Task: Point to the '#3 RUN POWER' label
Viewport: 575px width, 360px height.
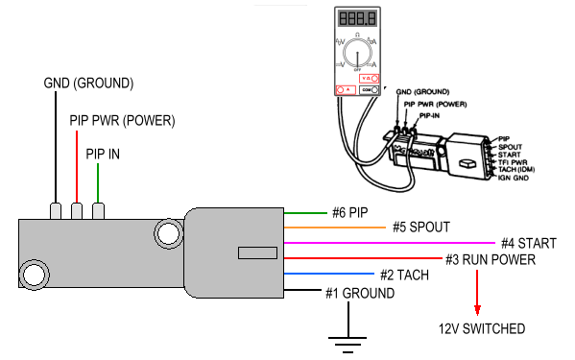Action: [490, 259]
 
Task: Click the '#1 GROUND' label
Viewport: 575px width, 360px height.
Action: [358, 293]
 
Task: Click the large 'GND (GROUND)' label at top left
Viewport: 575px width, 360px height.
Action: [88, 83]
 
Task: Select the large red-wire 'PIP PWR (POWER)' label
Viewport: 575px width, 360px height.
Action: [122, 122]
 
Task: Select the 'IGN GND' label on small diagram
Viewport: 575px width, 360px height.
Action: [515, 178]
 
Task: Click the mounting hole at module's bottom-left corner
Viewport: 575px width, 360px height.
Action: [35, 276]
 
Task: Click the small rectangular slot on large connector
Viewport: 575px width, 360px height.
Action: [254, 253]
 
